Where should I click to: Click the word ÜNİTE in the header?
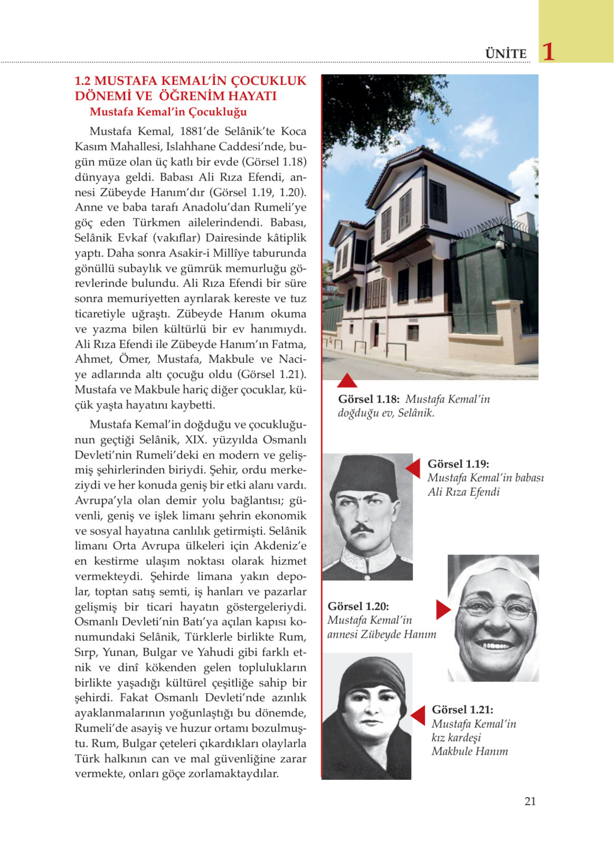(506, 54)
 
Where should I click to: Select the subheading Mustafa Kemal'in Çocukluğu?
(168, 112)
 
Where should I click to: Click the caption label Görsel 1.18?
(368, 399)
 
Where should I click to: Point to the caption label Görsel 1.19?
(458, 464)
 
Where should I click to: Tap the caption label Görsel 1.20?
(358, 606)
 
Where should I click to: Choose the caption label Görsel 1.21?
(462, 710)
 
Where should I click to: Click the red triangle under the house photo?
(347, 381)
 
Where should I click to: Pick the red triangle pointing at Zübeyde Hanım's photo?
(443, 609)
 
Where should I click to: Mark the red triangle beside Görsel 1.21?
(418, 715)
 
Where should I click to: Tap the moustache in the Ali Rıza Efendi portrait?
(362, 529)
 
